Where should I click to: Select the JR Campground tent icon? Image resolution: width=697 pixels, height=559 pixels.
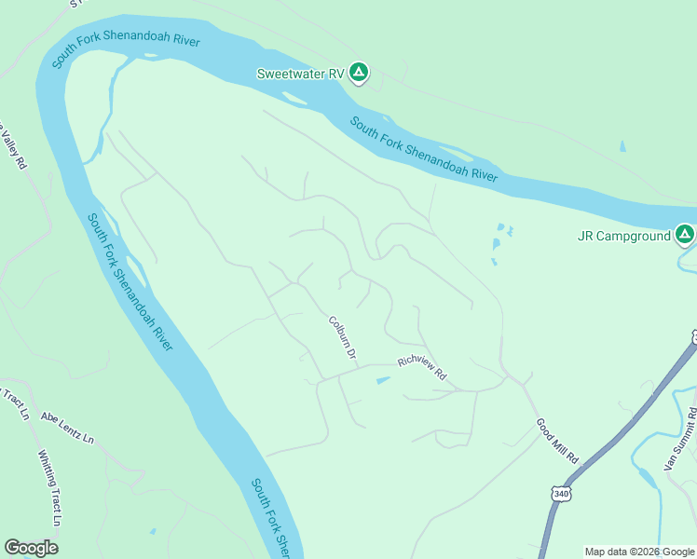[x=685, y=235]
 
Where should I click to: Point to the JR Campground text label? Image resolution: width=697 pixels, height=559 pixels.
[x=624, y=236]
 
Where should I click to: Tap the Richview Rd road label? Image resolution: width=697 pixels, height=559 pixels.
[x=422, y=369]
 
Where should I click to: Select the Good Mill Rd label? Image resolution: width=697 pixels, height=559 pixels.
[x=557, y=441]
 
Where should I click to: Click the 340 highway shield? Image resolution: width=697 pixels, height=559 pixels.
[x=559, y=493]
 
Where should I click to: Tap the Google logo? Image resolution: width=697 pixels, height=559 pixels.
[x=31, y=548]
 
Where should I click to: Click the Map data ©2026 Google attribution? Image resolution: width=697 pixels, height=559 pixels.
[x=639, y=552]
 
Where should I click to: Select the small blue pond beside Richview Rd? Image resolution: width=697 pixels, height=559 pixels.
[x=383, y=380]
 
